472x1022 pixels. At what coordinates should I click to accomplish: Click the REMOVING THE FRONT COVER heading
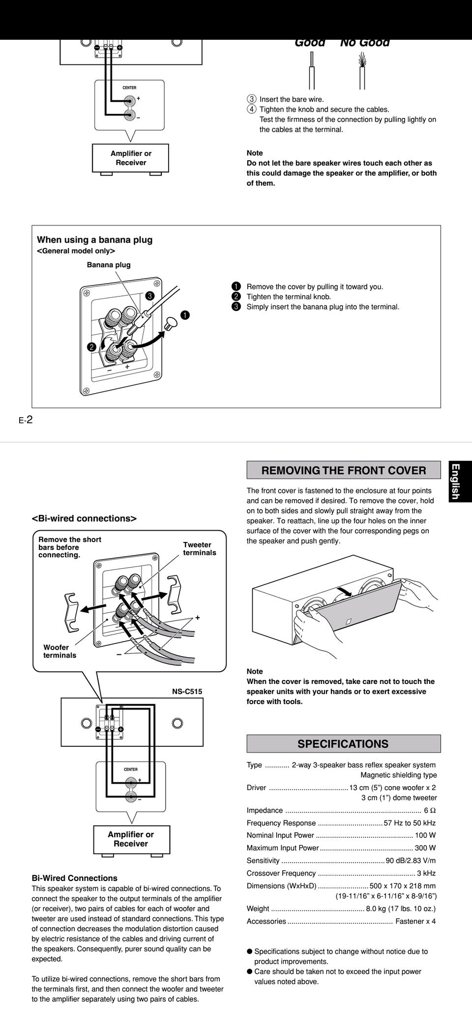pyautogui.click(x=343, y=470)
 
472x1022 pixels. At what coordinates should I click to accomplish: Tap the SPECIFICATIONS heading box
pyautogui.click(x=343, y=743)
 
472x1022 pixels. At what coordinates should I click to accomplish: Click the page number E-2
pyautogui.click(x=26, y=420)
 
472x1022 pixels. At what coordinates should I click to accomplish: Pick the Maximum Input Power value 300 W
pyautogui.click(x=425, y=848)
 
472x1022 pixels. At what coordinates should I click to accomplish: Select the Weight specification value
pyautogui.click(x=400, y=908)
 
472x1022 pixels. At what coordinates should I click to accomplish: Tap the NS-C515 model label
pyautogui.click(x=187, y=691)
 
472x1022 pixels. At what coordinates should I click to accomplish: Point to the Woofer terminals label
pyautogui.click(x=59, y=651)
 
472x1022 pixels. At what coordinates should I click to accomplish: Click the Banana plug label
pyautogui.click(x=109, y=265)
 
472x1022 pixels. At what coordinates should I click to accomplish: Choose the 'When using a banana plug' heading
pyautogui.click(x=95, y=240)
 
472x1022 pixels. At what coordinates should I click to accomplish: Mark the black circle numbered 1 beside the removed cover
pyautogui.click(x=184, y=315)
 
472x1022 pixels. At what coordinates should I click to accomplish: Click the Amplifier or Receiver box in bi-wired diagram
pyautogui.click(x=131, y=839)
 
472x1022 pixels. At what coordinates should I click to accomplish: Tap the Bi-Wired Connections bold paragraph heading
pyautogui.click(x=74, y=878)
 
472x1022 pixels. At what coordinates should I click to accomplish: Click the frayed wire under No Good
pyautogui.click(x=362, y=69)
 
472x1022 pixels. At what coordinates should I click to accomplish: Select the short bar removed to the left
pyautogui.click(x=72, y=612)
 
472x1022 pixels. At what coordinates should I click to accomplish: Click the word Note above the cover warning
pyautogui.click(x=255, y=671)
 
